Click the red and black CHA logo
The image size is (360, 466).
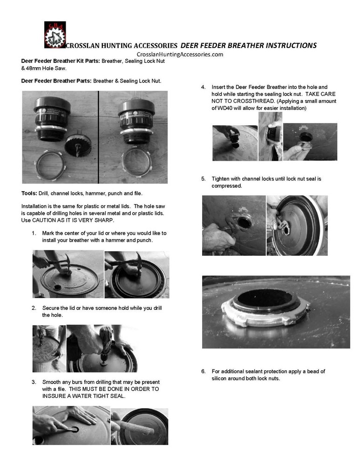click(x=55, y=35)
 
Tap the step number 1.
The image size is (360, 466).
click(x=34, y=233)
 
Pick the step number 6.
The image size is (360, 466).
click(x=204, y=371)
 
